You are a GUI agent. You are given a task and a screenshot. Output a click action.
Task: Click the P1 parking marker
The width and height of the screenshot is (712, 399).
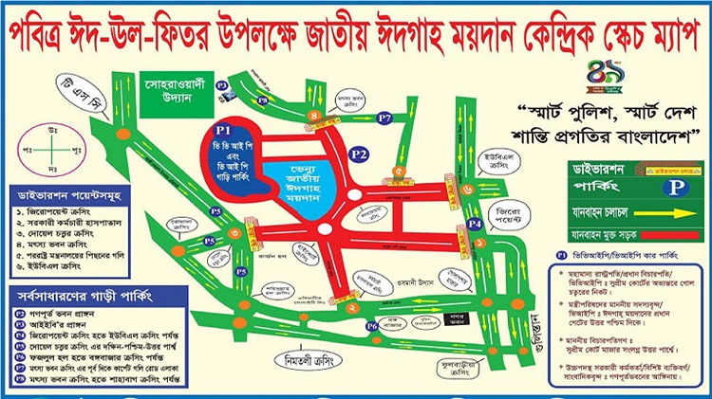pos(224,127)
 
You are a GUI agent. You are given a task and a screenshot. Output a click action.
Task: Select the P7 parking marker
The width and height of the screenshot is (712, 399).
pos(384,118)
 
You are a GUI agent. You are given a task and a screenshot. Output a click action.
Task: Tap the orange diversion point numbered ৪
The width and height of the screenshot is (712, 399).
pos(313,117)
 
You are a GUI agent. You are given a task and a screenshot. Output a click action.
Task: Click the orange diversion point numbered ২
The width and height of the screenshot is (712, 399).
pos(352,308)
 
